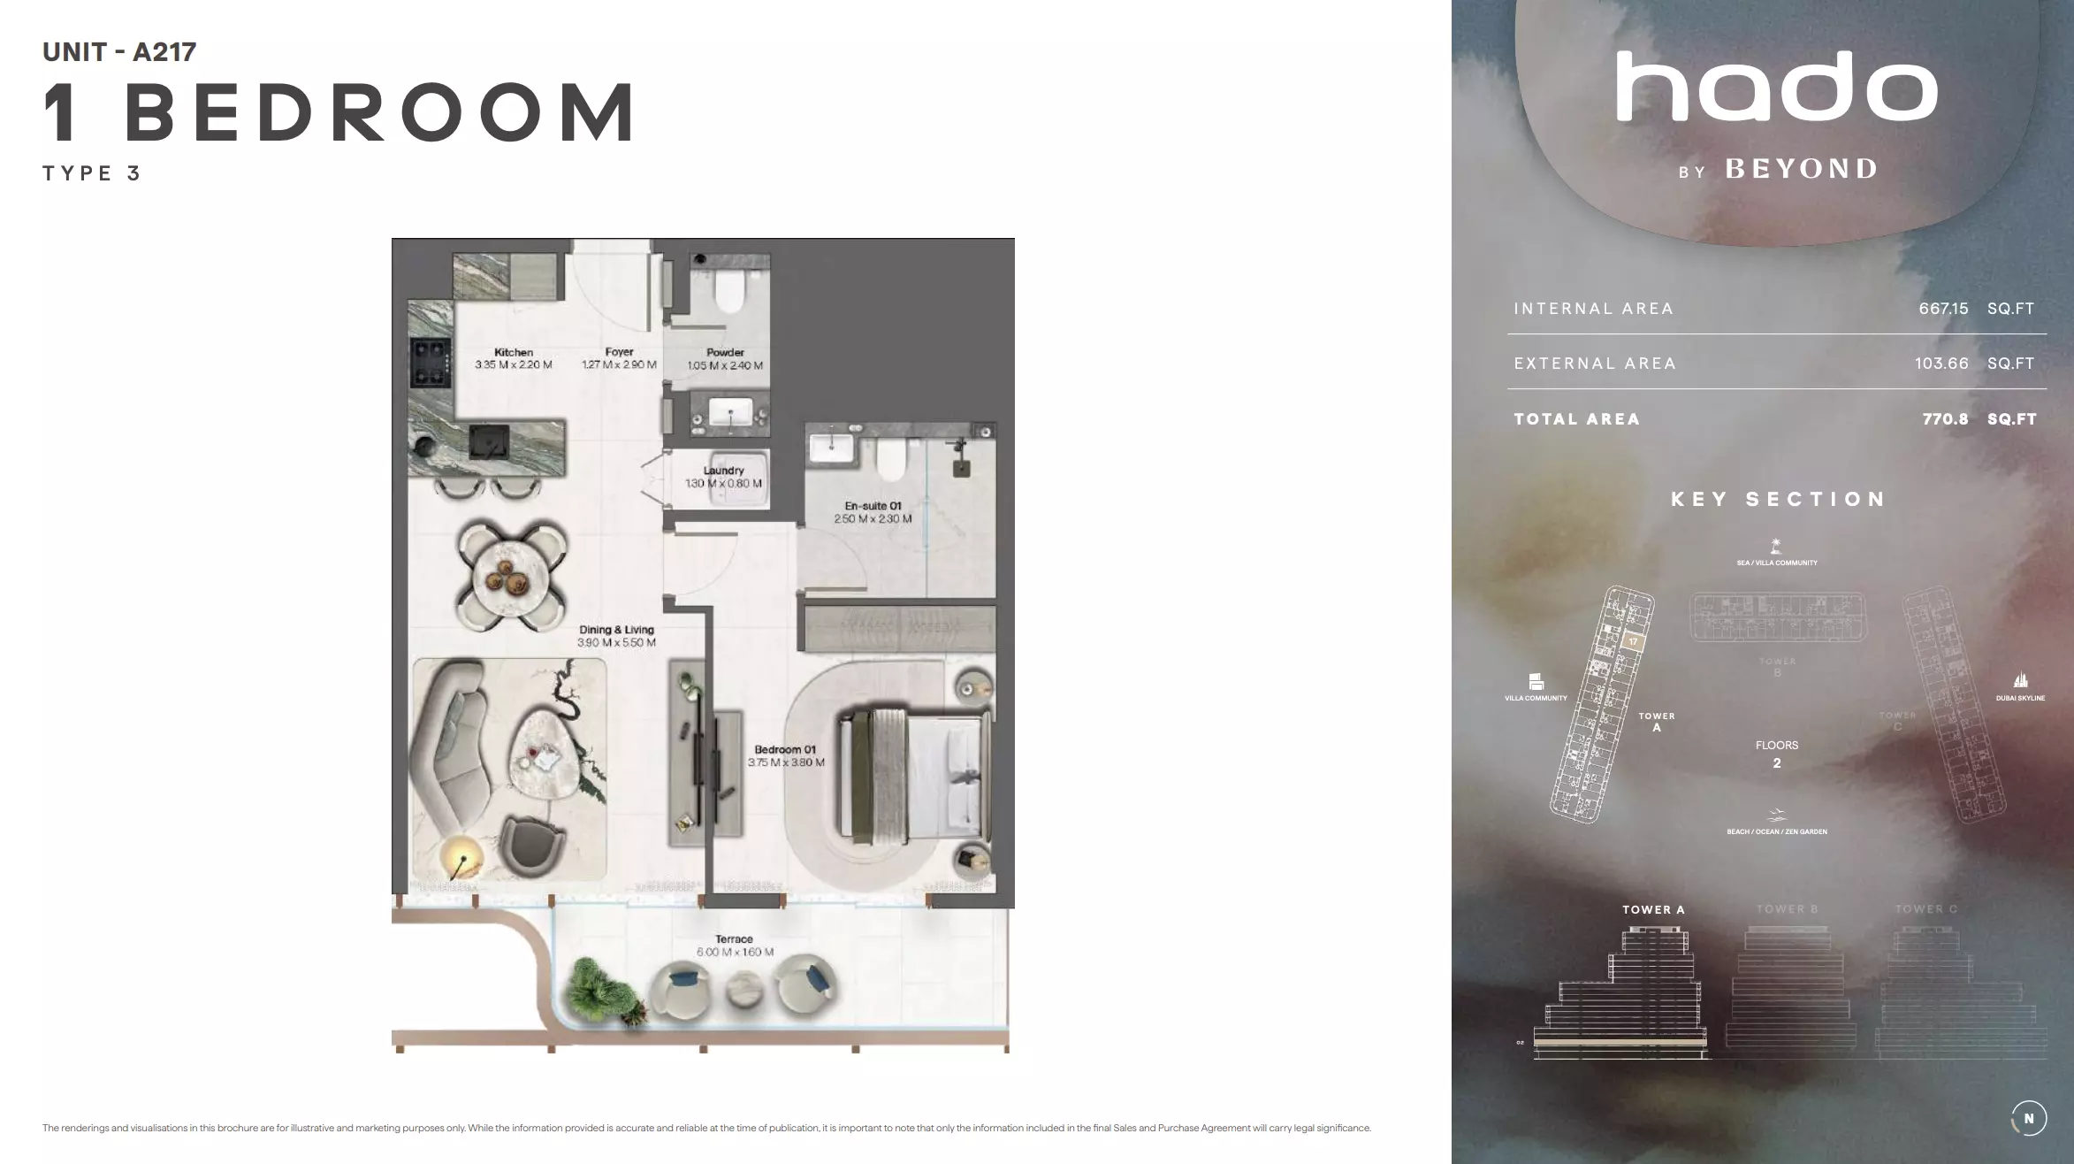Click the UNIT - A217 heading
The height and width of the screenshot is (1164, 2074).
point(119,52)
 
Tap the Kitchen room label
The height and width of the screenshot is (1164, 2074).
point(514,352)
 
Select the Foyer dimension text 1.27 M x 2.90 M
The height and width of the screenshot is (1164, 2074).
point(619,364)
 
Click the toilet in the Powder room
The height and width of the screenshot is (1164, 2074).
point(730,292)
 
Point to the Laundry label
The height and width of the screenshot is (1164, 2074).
point(723,471)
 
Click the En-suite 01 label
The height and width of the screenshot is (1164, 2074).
point(873,506)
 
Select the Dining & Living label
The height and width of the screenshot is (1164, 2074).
point(616,630)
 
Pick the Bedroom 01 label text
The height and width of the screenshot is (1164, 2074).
point(785,749)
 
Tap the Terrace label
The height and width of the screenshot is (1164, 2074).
point(734,939)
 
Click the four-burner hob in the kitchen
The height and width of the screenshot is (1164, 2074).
point(431,363)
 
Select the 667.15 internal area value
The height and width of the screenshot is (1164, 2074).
point(1943,309)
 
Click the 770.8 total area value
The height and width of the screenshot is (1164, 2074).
point(1945,419)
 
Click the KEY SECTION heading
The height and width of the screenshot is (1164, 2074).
point(1778,500)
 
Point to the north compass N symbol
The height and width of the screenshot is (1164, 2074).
point(2028,1118)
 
